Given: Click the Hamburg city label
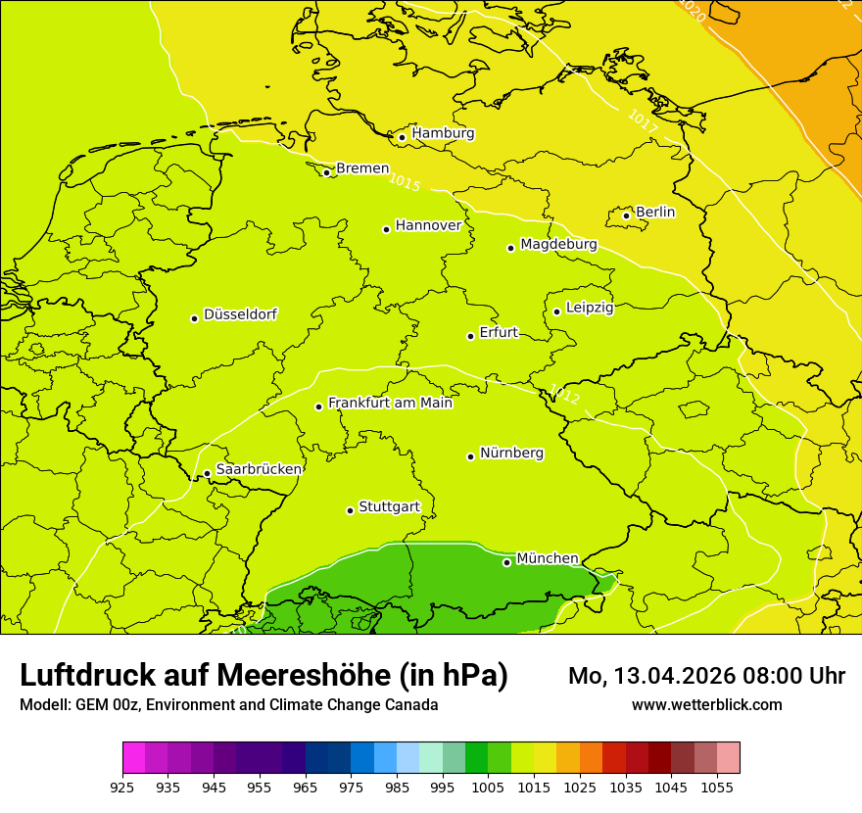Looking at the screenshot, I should click(443, 133).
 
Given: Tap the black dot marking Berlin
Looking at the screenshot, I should click(626, 215).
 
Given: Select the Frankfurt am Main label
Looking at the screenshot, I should click(390, 403).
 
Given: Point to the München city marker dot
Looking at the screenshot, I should click(506, 562).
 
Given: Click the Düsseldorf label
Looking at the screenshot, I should click(240, 314).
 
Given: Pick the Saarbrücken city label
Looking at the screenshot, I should click(259, 469).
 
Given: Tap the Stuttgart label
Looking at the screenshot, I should click(389, 506).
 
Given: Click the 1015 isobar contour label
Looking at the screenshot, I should click(404, 181).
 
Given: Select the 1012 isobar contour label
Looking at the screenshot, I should click(564, 395).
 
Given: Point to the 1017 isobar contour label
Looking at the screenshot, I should click(643, 120).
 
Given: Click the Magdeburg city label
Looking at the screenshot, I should click(558, 244).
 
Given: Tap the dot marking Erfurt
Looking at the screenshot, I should click(470, 336).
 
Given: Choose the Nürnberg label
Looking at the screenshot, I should click(511, 453).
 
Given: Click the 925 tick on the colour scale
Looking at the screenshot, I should click(122, 786).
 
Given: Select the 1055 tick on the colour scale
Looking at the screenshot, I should click(717, 786).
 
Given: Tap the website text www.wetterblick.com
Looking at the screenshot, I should click(706, 704).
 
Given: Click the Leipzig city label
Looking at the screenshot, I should click(590, 308).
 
